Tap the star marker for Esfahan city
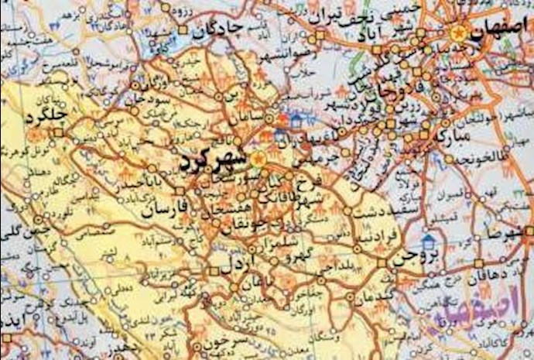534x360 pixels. [457, 32]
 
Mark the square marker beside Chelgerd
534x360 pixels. [59, 132]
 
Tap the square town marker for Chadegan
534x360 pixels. [183, 31]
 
